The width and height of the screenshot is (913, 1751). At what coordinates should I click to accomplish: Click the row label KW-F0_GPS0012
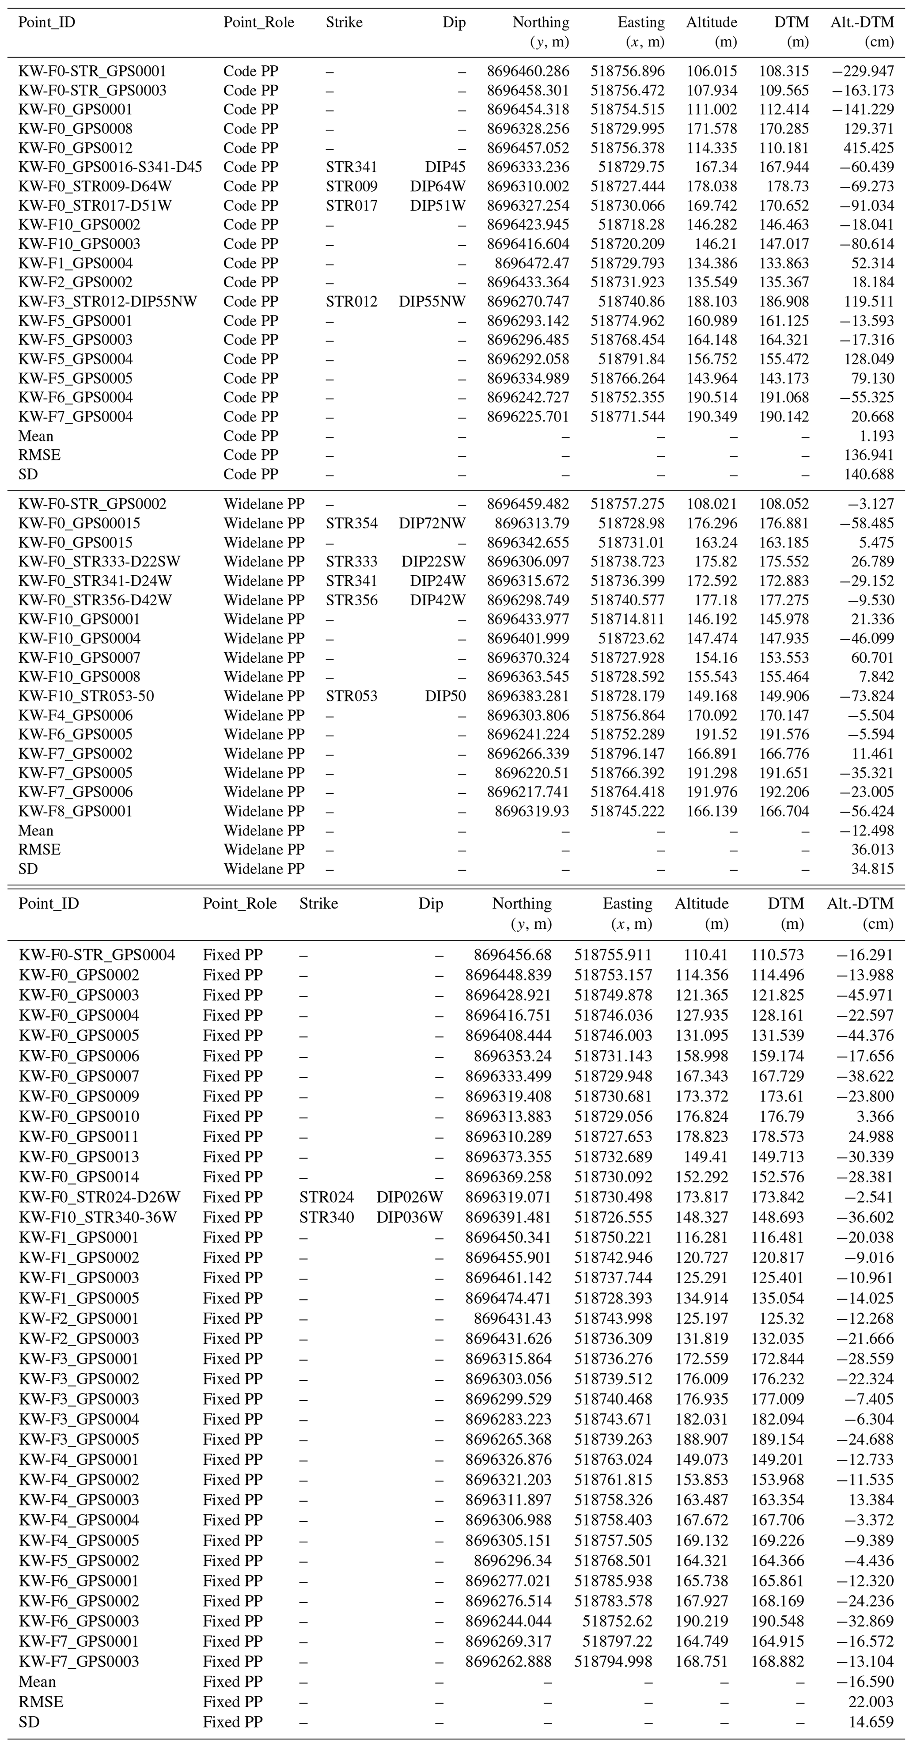(x=76, y=148)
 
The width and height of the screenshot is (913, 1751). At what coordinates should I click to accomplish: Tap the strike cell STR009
(x=351, y=186)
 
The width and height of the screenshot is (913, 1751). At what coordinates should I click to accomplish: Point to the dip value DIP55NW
(x=432, y=301)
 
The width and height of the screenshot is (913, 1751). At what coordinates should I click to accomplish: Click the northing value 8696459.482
(x=528, y=504)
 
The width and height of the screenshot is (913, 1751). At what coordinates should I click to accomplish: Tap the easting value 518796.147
(x=627, y=754)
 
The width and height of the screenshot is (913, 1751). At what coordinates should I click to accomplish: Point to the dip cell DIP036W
(x=409, y=1217)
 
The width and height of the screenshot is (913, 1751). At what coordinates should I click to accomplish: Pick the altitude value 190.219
(x=701, y=1621)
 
